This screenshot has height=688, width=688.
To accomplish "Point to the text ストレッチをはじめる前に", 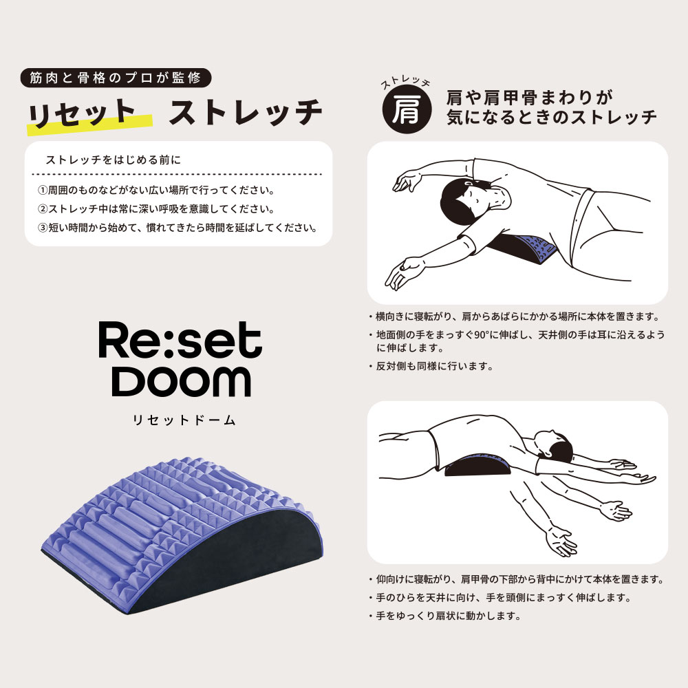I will pyautogui.click(x=113, y=161).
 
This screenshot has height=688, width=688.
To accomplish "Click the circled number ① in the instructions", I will pyautogui.click(x=41, y=189).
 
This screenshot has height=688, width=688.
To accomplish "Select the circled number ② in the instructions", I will pyautogui.click(x=41, y=208).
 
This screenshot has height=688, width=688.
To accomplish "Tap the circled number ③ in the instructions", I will pyautogui.click(x=41, y=228).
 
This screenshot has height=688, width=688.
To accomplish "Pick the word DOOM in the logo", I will pyautogui.click(x=181, y=380).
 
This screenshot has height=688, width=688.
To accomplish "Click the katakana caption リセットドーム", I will pyautogui.click(x=180, y=420).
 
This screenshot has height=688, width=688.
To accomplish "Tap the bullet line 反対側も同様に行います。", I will pyautogui.click(x=433, y=367).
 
